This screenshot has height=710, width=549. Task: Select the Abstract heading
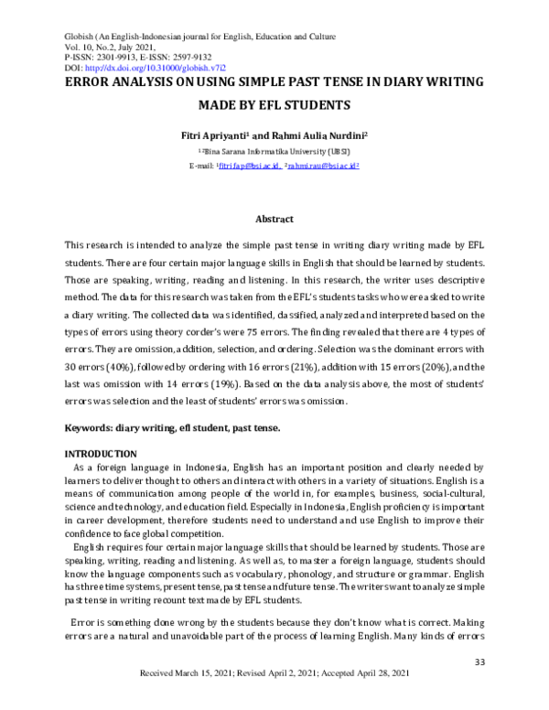pyautogui.click(x=274, y=219)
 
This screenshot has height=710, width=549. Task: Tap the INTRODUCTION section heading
pyautogui.click(x=100, y=454)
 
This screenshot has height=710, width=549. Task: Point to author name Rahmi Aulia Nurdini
pyautogui.click(x=315, y=134)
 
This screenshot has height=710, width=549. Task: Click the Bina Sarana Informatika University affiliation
pyautogui.click(x=275, y=151)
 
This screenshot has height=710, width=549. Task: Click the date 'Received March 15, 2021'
pyautogui.click(x=188, y=697)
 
